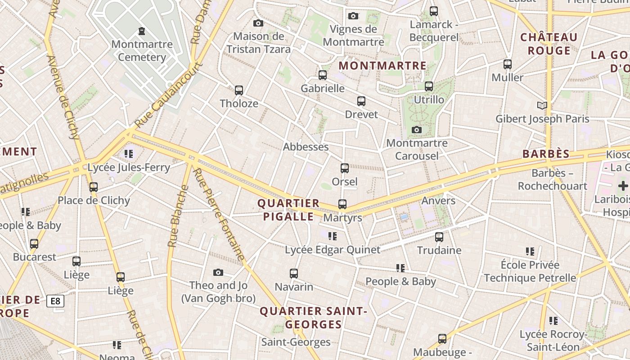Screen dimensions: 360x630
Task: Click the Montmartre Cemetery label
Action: pos(142,50)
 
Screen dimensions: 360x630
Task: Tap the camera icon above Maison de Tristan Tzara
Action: pos(258,23)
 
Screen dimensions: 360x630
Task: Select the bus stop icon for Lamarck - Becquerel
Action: pos(434,11)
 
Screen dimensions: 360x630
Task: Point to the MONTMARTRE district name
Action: pos(382,66)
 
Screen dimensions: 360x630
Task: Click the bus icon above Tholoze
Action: pos(239,90)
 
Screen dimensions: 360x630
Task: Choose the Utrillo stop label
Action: pos(429,99)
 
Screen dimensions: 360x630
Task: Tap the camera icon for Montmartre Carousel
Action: pos(417,130)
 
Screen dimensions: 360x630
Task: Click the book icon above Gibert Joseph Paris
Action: pos(542,106)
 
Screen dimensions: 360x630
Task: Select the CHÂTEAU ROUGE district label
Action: pos(549,44)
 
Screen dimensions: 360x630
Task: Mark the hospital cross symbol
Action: pos(623,185)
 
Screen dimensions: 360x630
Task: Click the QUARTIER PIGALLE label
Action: pos(288,210)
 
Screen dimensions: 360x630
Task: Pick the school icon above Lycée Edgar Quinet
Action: pos(333,236)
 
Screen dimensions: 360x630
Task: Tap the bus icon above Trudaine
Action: pos(439,237)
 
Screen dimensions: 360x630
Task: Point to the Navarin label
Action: pos(294,287)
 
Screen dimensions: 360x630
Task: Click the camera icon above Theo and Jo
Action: pos(218,272)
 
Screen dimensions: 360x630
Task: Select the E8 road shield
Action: pos(55,301)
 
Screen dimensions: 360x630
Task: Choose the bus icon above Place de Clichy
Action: pos(94,187)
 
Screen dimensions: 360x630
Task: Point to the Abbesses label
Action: pos(306,147)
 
